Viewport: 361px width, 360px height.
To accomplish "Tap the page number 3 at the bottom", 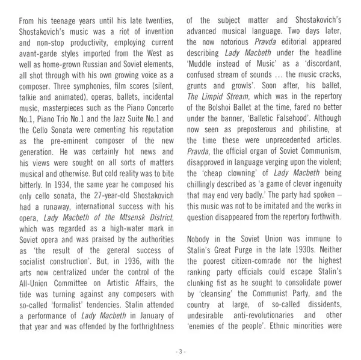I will pos(180,347).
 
